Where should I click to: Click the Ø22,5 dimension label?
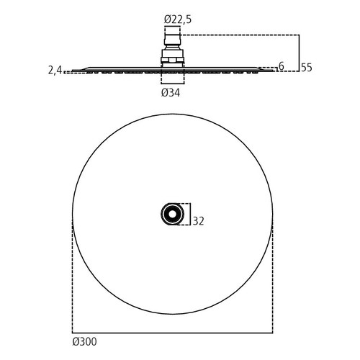click(x=178, y=19)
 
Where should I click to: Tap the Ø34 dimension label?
click(x=171, y=93)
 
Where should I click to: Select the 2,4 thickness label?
click(x=55, y=71)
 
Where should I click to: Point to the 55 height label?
click(x=307, y=68)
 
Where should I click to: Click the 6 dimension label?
click(x=282, y=66)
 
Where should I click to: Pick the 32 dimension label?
click(x=198, y=221)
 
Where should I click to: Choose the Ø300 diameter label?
click(x=84, y=341)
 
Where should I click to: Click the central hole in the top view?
click(x=172, y=214)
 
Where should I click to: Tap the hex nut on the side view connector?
click(x=172, y=60)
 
